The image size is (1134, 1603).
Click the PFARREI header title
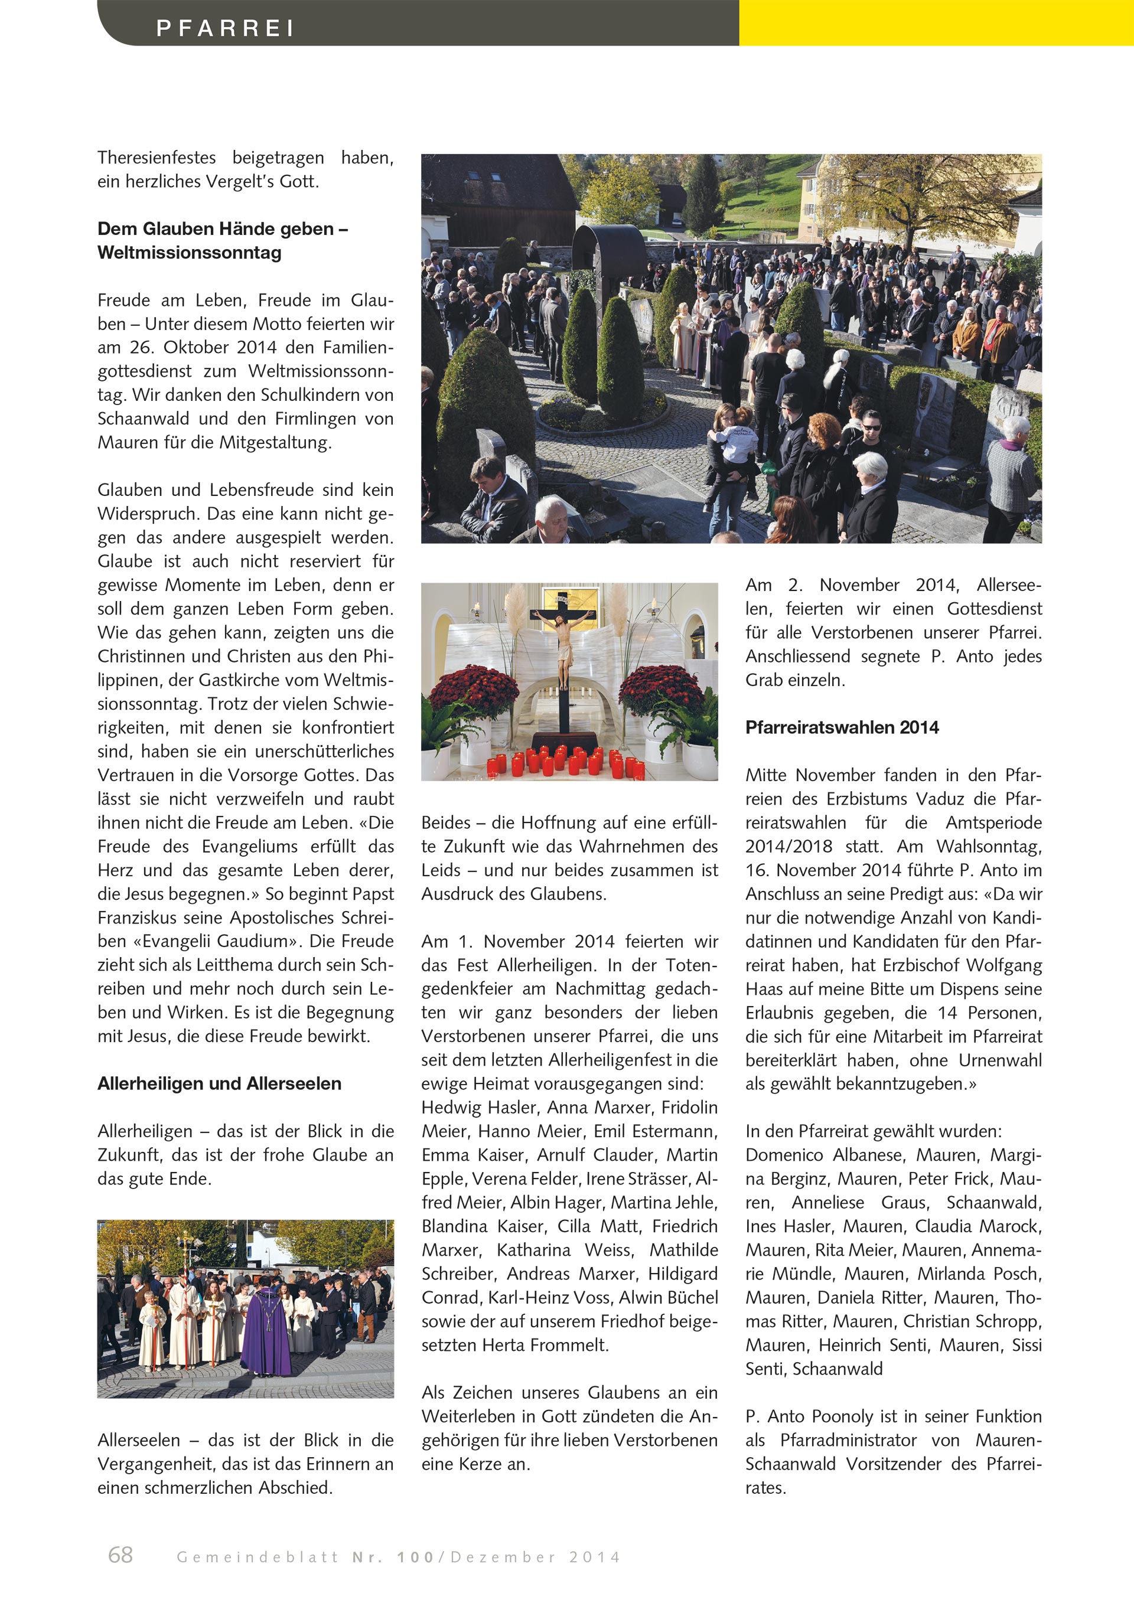pos(225,28)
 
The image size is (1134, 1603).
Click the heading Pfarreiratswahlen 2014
pos(842,727)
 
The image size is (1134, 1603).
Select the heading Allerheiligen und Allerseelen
pos(219,1083)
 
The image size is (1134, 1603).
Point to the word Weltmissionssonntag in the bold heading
pos(189,253)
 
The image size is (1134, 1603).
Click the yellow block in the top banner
pos(936,23)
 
